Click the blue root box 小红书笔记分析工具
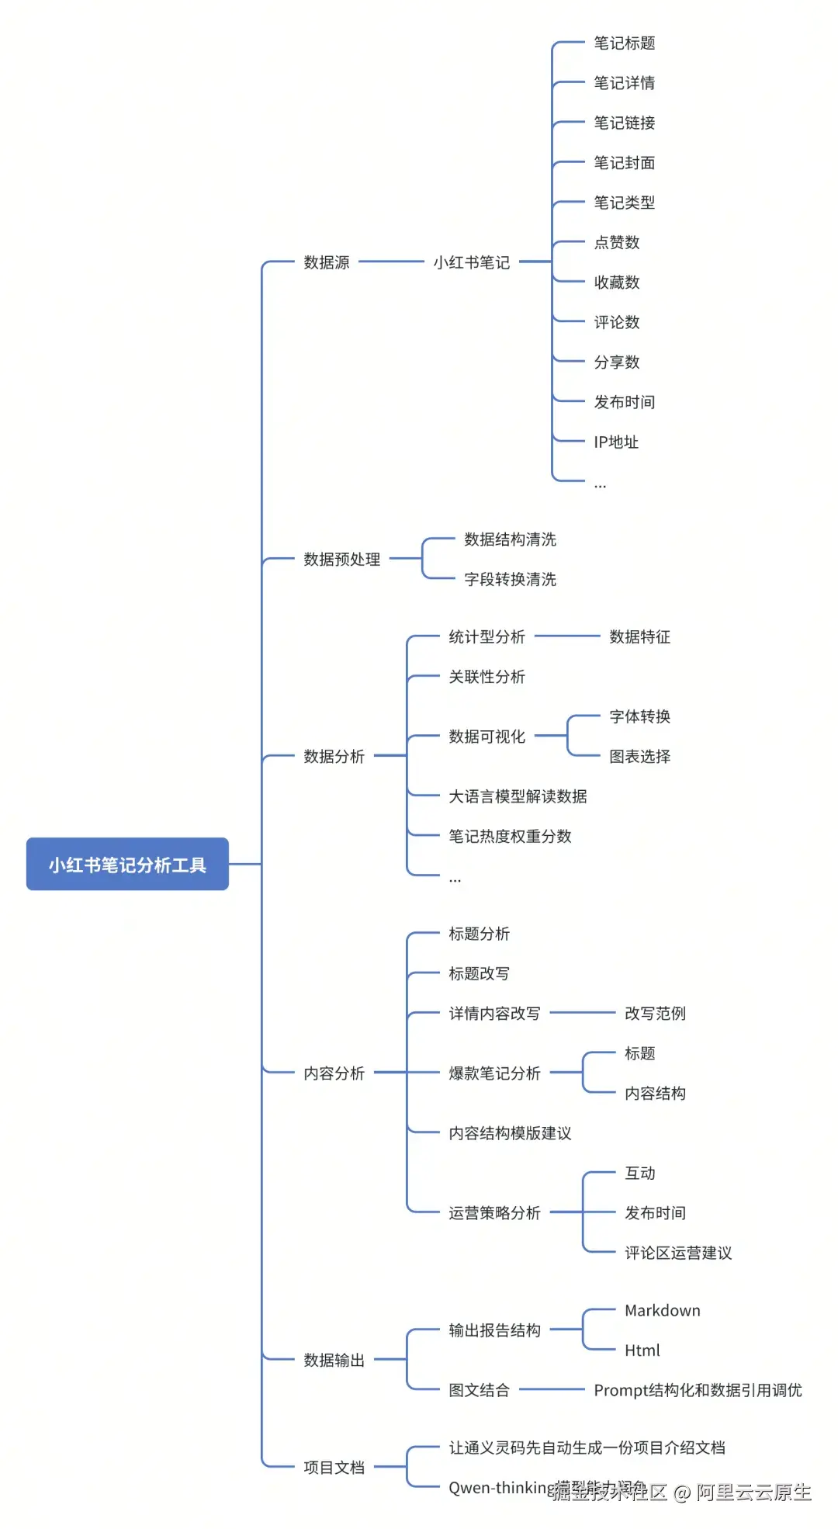click(127, 864)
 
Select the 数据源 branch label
click(327, 262)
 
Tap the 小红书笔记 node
click(472, 262)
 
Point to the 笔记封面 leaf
click(625, 163)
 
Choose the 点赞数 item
click(617, 243)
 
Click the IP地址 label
click(616, 442)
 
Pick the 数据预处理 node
click(342, 560)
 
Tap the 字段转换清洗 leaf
click(511, 580)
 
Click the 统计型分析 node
click(487, 637)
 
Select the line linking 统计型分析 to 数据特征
click(567, 636)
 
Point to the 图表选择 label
click(640, 757)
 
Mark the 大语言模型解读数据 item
click(518, 796)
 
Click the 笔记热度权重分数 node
click(511, 837)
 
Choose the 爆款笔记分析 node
click(495, 1073)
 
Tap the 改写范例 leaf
click(656, 1014)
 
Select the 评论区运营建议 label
click(679, 1253)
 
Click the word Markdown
click(663, 1311)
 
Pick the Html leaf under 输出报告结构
click(642, 1350)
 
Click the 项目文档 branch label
click(334, 1468)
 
